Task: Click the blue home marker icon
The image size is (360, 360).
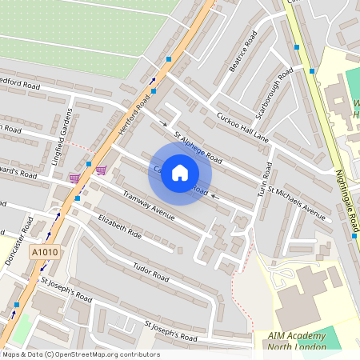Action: point(180,173)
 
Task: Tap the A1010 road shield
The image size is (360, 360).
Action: point(45,252)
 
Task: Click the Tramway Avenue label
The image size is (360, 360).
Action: point(147,205)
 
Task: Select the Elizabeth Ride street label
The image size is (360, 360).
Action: point(119,226)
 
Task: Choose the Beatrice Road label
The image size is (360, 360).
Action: point(242,54)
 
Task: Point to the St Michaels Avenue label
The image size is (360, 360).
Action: point(297,202)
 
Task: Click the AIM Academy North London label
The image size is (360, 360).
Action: point(298,341)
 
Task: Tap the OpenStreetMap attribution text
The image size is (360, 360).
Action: point(81,354)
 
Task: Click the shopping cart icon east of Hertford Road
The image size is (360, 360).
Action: point(101,170)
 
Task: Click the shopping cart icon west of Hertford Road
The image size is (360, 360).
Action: point(74,178)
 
